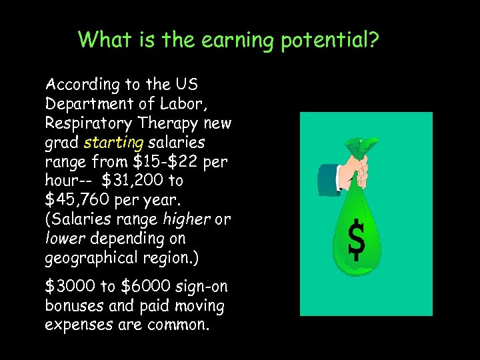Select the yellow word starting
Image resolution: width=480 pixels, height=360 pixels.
click(113, 143)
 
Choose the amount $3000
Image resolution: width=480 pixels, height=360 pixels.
click(70, 287)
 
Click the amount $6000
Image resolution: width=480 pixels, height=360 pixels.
click(145, 287)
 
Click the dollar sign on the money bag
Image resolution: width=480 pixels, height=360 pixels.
click(357, 238)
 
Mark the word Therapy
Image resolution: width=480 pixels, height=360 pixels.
click(176, 123)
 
